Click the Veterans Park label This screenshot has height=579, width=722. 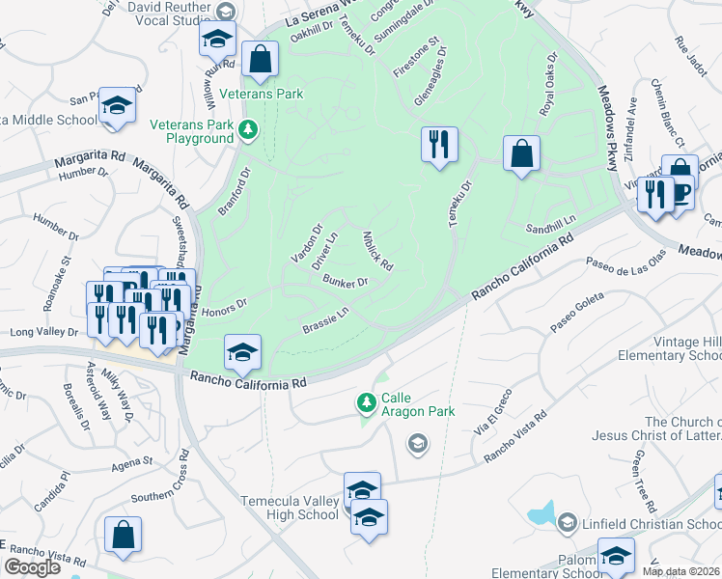click(x=261, y=94)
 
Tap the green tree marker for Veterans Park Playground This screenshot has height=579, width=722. click(x=248, y=129)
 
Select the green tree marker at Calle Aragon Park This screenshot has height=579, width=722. click(x=366, y=401)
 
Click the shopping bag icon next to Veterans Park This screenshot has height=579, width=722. click(x=260, y=60)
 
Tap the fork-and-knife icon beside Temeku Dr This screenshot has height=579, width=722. click(x=439, y=145)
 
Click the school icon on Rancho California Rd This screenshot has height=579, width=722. click(x=243, y=352)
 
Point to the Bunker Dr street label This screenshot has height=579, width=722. click(x=346, y=283)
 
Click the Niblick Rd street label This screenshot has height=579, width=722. click(x=377, y=250)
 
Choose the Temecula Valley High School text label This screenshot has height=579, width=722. click(x=292, y=508)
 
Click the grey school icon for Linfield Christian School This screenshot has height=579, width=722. click(x=568, y=523)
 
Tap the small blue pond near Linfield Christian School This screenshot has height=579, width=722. click(x=542, y=515)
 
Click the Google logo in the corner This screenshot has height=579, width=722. click(x=33, y=566)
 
